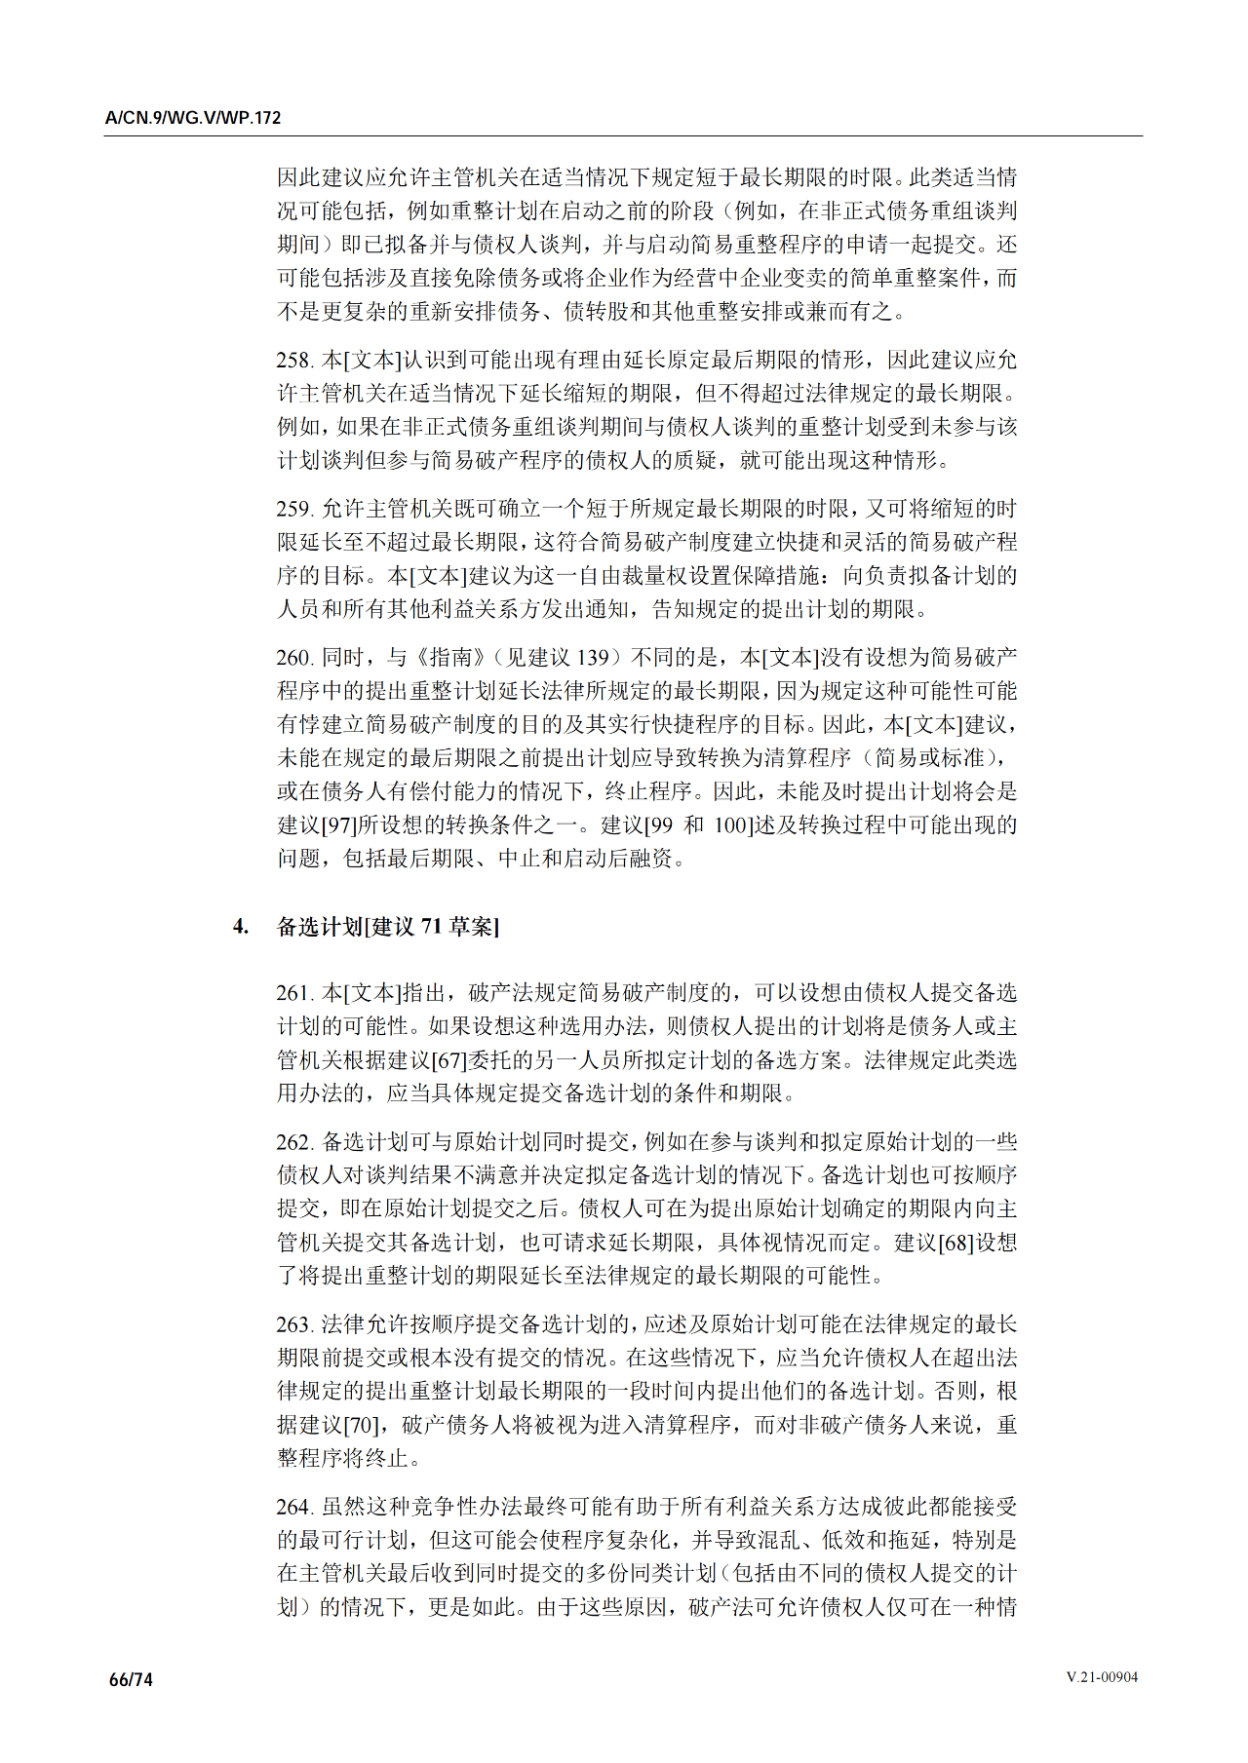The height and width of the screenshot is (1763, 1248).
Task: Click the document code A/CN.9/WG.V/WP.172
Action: pos(193,118)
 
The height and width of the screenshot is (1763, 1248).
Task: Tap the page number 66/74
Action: pos(132,1679)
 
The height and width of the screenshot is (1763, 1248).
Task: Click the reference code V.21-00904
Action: pos(1102,1677)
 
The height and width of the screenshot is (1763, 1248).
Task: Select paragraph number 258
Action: pos(293,361)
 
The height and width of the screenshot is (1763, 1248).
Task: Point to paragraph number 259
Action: pos(293,509)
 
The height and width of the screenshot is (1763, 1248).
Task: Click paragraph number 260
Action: pos(293,658)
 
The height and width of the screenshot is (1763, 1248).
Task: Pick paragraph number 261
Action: pos(293,993)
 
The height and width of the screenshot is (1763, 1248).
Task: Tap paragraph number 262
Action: pos(293,1142)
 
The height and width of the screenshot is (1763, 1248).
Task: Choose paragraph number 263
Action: pos(293,1324)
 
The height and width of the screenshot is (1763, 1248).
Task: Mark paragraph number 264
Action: pos(293,1507)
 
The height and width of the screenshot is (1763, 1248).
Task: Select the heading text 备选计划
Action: pos(320,926)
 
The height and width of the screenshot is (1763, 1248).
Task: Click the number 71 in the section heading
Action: pos(432,926)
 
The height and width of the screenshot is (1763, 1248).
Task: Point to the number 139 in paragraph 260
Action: pos(591,658)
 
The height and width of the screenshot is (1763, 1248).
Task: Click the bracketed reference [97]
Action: pos(338,825)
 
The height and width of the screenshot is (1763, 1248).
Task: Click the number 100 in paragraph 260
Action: pos(730,825)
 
